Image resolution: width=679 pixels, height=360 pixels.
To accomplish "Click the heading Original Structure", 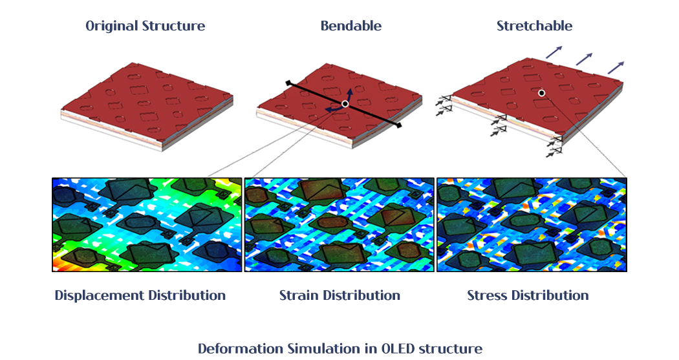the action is click(x=145, y=26).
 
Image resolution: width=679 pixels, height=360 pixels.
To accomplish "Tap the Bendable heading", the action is click(x=350, y=26).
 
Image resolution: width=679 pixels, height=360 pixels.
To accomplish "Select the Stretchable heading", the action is click(x=534, y=26).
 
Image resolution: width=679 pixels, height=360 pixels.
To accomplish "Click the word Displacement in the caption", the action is click(x=99, y=295).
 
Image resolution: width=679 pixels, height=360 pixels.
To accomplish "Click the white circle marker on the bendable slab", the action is click(x=345, y=104).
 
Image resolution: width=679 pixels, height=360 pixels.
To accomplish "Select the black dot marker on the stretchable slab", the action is click(x=541, y=93).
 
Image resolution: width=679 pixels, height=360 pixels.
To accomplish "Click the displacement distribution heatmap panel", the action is click(x=147, y=224).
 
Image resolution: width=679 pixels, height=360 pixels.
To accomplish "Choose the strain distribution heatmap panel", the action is click(x=339, y=224).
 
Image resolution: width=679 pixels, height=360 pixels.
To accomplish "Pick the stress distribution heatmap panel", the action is click(x=532, y=224).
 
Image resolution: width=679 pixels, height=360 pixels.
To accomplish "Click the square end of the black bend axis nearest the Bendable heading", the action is click(x=288, y=82).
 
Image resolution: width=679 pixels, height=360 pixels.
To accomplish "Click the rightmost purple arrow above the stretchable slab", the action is click(x=616, y=67).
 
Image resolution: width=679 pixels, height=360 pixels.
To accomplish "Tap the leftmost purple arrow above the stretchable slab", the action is click(x=554, y=52).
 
